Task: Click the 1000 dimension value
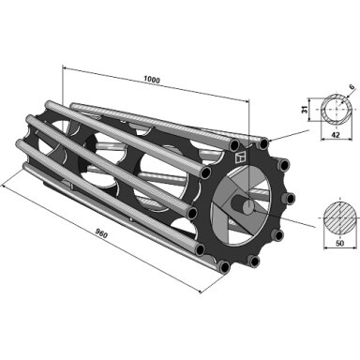[152, 80]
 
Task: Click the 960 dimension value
[101, 233]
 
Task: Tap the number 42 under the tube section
[337, 135]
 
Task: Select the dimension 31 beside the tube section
[305, 110]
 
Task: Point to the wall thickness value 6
[352, 87]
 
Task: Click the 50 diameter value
[339, 243]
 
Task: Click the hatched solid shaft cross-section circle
[339, 217]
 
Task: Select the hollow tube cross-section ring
[337, 109]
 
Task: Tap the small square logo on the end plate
[241, 157]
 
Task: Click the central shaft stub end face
[248, 207]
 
